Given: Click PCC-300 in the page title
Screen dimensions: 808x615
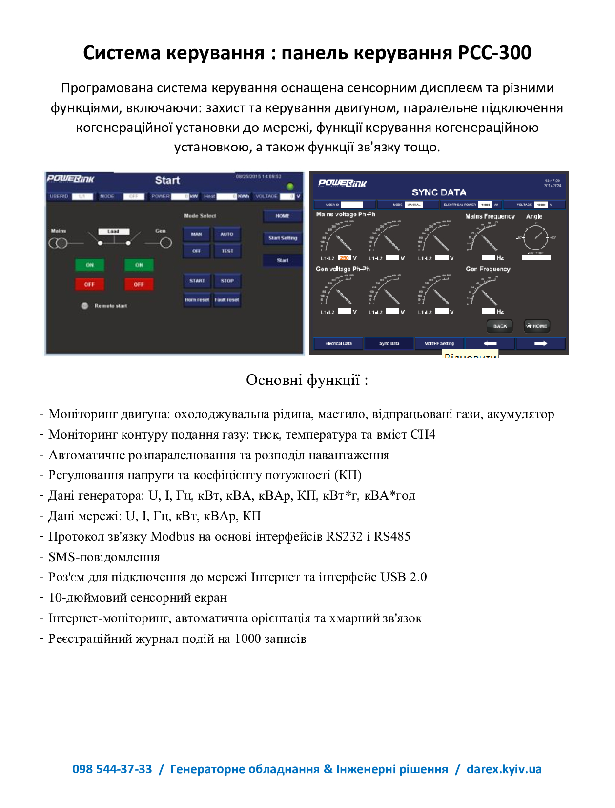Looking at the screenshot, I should tap(494, 53).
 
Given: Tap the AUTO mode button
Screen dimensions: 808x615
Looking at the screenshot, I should tap(227, 234).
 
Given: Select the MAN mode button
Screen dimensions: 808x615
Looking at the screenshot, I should tap(196, 234).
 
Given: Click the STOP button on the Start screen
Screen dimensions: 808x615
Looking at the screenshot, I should tap(227, 281).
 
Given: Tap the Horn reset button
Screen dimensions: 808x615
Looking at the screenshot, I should tap(197, 300).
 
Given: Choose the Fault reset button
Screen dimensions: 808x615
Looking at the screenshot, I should tap(227, 300).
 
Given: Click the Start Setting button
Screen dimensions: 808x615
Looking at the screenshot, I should tap(283, 238).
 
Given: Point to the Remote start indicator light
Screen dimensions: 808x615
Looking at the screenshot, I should tap(84, 306).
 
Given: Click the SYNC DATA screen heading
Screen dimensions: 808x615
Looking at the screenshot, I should tap(439, 192).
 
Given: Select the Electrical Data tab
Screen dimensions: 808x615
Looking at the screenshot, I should tap(338, 344).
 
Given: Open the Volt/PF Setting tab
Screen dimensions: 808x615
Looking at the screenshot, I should tap(439, 344).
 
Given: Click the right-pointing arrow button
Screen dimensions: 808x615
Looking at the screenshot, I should tap(540, 344).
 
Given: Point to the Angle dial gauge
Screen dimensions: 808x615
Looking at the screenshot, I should tap(535, 238).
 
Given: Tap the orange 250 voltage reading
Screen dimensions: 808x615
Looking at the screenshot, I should tap(345, 258).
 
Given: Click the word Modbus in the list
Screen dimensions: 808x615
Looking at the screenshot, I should tap(172, 537).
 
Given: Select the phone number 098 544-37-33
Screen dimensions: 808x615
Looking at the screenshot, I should tap(112, 769).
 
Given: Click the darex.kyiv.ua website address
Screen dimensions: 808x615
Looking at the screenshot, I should tap(504, 769).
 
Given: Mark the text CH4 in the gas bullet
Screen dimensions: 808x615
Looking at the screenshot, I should tap(423, 435).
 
